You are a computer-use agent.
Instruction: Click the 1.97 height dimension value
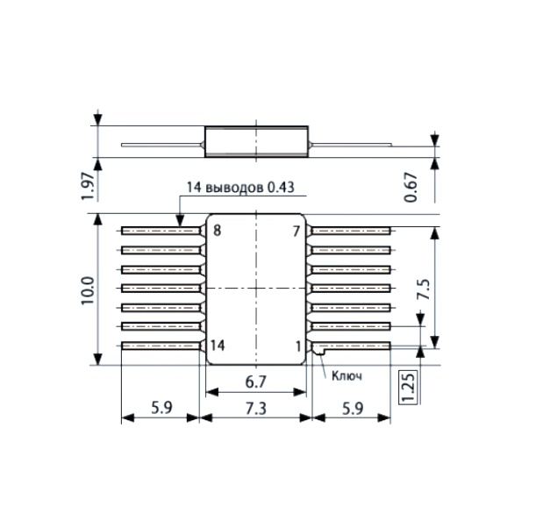87,186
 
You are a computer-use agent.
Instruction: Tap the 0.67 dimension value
411,188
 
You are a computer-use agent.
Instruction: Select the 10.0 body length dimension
88,290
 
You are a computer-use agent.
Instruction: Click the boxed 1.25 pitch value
409,386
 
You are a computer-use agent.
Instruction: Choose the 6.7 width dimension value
255,382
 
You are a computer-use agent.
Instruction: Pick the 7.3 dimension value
255,409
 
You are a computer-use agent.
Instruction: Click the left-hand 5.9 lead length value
161,408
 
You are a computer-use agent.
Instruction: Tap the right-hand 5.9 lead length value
353,409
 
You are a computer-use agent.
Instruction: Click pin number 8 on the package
217,231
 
